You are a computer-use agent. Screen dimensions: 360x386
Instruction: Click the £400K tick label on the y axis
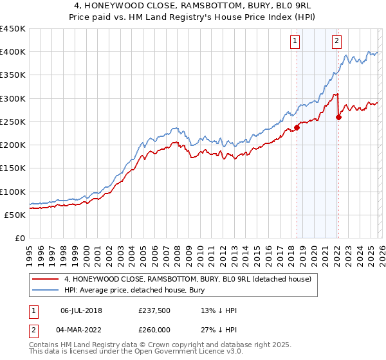tap(13, 52)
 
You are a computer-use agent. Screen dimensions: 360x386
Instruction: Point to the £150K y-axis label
tap(13, 168)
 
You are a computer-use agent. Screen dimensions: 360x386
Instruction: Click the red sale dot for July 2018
tap(297, 127)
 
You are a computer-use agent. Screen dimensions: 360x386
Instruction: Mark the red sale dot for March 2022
tap(338, 117)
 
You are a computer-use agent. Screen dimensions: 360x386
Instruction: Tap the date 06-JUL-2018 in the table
tap(82, 310)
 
